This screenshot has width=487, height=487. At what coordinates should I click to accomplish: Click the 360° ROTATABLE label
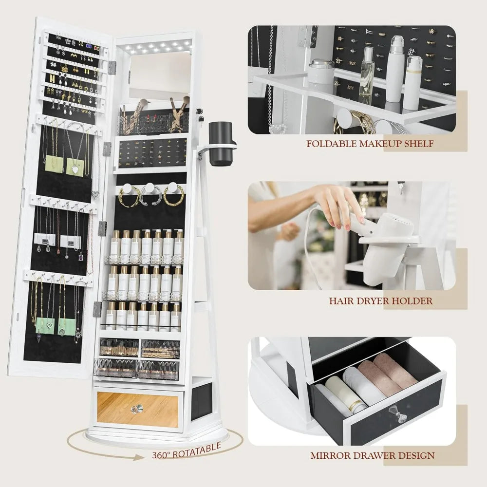click(x=187, y=451)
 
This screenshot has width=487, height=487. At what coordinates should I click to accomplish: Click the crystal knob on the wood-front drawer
click(x=137, y=410)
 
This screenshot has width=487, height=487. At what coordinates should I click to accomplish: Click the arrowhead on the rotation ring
click(x=140, y=457)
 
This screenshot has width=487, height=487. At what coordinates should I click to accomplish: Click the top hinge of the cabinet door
click(x=112, y=68)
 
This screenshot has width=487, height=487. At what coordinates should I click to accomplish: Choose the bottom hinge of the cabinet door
click(x=97, y=309)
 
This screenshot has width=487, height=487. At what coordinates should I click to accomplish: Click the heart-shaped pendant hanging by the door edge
click(x=95, y=195)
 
